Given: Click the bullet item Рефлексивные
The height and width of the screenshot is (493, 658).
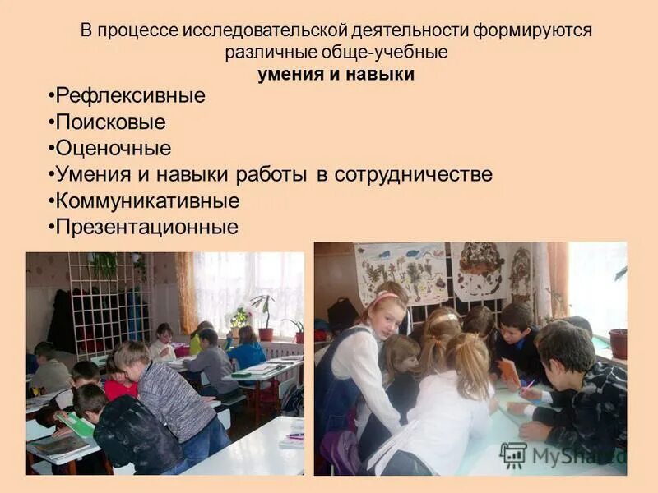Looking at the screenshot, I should [x=129, y=96].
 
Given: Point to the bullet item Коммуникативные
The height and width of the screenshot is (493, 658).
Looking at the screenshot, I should [x=146, y=200].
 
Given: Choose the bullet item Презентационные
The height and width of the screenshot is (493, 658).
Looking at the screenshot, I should [x=146, y=227].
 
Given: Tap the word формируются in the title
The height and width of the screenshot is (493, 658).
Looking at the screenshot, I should [x=532, y=31].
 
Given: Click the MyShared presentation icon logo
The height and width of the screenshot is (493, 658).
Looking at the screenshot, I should [x=512, y=455].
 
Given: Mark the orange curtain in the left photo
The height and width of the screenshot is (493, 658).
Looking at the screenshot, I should [x=186, y=292].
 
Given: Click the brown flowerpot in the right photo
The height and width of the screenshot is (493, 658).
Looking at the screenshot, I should [x=618, y=343].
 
